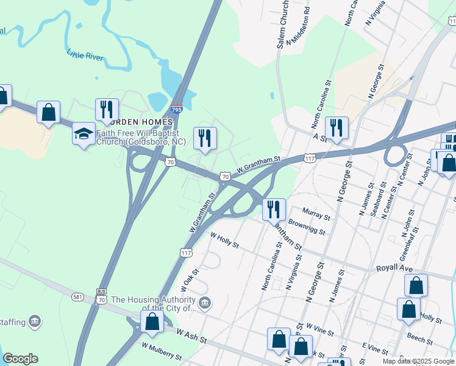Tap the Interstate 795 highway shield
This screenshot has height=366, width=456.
tap(177, 110)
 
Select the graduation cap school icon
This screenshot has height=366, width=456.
tap(84, 134)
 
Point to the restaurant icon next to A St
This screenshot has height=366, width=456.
tap(336, 127)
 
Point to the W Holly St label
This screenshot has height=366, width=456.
tap(224, 240)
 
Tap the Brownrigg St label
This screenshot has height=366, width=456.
tap(308, 228)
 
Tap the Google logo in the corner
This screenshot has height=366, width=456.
tap(20, 359)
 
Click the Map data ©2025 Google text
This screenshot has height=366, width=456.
tap(418, 361)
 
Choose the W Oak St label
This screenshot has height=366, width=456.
tap(190, 281)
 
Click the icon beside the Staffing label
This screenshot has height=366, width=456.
tap(35, 321)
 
